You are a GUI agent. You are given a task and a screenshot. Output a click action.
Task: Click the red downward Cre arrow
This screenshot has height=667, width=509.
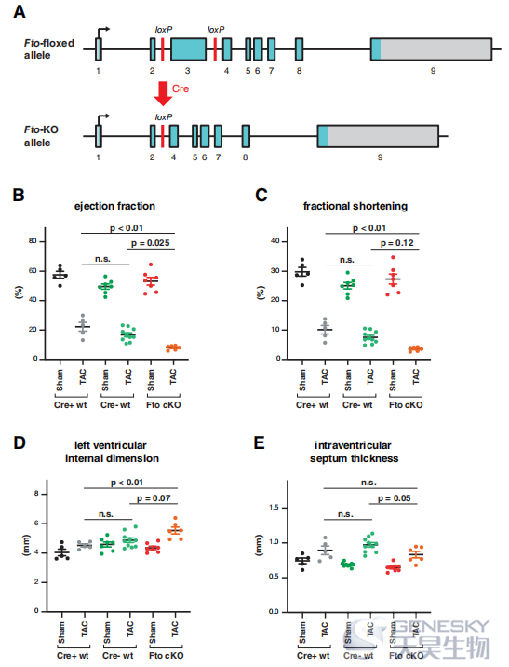(163, 93)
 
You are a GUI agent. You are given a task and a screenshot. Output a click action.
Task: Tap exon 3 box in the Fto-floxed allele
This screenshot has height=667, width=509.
(189, 49)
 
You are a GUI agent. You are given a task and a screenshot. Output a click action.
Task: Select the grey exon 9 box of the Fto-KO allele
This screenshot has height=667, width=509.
(382, 136)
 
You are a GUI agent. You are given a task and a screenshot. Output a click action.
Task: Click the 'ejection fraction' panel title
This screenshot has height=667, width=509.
(114, 206)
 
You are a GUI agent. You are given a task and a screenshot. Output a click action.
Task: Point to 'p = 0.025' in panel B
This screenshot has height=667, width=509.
(151, 243)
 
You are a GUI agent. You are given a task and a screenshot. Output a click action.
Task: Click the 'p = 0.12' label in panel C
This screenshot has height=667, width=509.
(396, 243)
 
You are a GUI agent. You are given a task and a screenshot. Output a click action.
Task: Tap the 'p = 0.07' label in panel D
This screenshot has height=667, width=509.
(154, 498)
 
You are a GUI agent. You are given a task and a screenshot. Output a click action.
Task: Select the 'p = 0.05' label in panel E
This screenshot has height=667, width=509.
(395, 498)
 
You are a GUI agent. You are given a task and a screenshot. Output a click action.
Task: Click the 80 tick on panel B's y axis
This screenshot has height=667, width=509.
(33, 241)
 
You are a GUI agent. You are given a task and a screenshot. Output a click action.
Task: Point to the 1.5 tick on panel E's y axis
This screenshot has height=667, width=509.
(275, 508)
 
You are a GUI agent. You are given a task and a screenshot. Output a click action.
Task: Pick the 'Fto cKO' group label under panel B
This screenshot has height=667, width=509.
(164, 405)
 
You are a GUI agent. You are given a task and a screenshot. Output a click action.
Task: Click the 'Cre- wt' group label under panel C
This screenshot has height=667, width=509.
(357, 405)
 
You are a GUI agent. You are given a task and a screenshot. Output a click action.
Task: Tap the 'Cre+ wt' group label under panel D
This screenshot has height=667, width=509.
(73, 656)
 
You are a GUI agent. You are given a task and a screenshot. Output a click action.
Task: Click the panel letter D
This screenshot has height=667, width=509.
(20, 442)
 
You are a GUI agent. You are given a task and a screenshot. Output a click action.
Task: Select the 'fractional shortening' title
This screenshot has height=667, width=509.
(355, 206)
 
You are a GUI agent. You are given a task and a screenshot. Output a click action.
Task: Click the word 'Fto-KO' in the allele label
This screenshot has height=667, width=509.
(41, 129)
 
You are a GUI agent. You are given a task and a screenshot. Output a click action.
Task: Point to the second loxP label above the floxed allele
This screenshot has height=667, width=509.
(216, 30)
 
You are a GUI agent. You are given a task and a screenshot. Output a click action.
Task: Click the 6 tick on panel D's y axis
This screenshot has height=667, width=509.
(36, 523)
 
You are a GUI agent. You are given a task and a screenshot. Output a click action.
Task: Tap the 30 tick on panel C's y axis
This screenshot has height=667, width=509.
(275, 270)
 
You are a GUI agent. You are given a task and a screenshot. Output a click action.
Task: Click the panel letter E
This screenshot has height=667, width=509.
(260, 442)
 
